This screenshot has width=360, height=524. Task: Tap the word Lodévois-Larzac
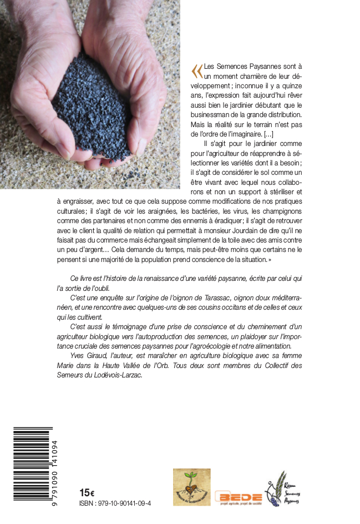(x=117, y=375)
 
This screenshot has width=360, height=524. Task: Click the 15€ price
(x=87, y=492)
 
